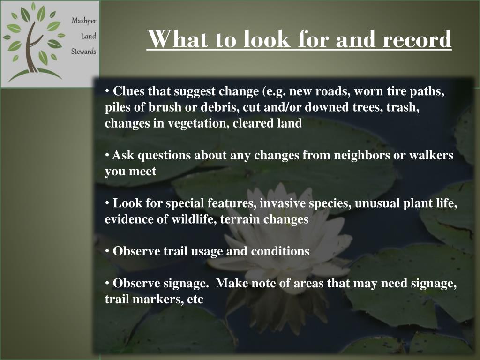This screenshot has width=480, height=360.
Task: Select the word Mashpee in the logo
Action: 83,21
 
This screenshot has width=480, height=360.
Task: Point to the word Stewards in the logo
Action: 83,51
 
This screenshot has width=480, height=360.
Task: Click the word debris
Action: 220,107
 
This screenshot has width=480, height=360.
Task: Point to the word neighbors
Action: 362,156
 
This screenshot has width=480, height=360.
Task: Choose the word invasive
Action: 282,203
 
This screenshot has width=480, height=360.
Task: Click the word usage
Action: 207,251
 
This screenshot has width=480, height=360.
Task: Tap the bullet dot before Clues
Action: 107,90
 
